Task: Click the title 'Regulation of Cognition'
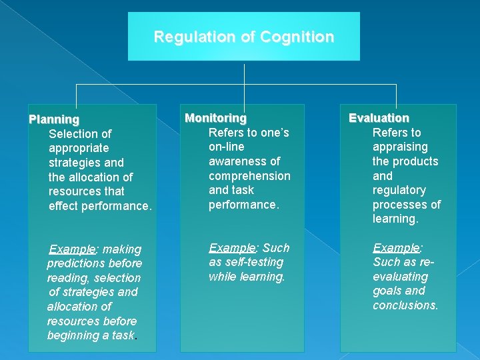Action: coord(244,37)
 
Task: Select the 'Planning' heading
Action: coord(54,119)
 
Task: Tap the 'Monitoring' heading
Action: coord(215,118)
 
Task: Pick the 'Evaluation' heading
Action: coord(379,118)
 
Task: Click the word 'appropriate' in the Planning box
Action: coord(79,148)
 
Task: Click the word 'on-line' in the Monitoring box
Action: coord(227,147)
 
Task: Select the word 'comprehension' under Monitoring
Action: coord(249,176)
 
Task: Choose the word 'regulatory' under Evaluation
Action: coord(399,191)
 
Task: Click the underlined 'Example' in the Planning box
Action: coord(73,249)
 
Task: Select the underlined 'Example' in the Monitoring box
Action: coord(233,248)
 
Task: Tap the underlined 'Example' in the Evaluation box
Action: coord(396,248)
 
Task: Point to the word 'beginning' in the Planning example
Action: coord(72,335)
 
